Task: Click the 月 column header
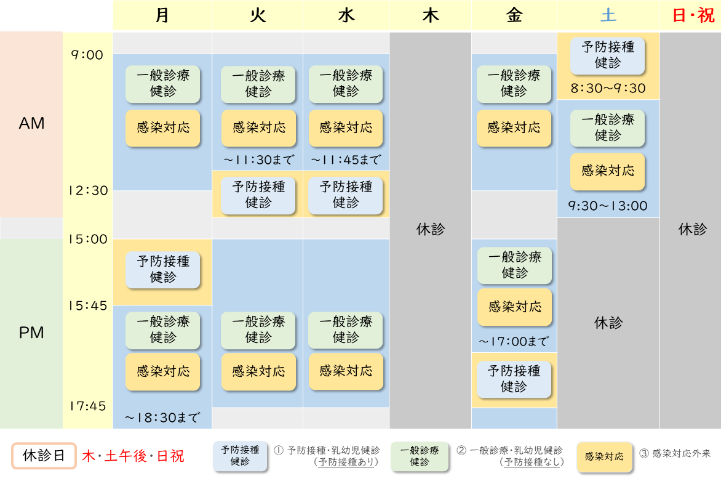coord(162,15)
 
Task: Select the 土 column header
coord(608,15)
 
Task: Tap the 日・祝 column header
coord(693,15)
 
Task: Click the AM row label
coord(32,124)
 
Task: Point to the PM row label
coord(32,333)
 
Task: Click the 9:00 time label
coord(87,55)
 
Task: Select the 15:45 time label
coord(87,305)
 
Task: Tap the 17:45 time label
coord(87,406)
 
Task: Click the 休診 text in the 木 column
coord(431,229)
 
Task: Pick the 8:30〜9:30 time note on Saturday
coord(608,89)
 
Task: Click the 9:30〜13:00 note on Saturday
coord(608,206)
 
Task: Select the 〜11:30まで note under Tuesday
coord(258,160)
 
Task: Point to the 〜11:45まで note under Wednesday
coord(346,160)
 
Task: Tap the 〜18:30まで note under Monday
coord(162,418)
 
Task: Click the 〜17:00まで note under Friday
coord(514,341)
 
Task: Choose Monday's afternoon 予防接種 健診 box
coord(163,269)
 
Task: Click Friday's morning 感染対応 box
coord(514,128)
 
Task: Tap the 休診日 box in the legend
coord(44,456)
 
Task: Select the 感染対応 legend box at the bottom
coord(604,457)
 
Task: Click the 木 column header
coord(431,15)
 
